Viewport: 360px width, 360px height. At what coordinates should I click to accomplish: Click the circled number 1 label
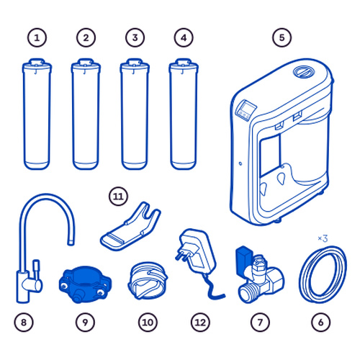point(37,37)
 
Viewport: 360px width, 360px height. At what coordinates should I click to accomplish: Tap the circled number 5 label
point(282,37)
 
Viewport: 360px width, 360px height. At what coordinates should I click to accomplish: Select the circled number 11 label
point(118,197)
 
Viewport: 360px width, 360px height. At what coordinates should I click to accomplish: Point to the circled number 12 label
point(200,323)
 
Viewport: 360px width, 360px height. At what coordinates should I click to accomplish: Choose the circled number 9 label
point(85,323)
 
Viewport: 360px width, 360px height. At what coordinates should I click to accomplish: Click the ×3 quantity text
point(323,238)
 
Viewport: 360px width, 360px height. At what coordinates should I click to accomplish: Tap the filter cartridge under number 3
point(135,114)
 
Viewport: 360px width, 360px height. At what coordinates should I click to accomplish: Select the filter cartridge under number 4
point(184,114)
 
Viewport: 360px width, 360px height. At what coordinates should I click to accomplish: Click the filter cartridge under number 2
point(86,114)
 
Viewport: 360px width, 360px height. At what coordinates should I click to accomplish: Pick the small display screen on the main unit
point(246,110)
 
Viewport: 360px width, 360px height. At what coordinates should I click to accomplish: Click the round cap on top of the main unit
point(303,71)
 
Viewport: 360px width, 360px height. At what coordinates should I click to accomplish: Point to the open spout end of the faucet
point(71,242)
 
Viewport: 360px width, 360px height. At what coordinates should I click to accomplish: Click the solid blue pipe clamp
point(85,284)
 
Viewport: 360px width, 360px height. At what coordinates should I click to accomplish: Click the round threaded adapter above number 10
point(148,280)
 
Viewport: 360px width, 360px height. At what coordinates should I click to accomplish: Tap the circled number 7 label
point(260,323)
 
